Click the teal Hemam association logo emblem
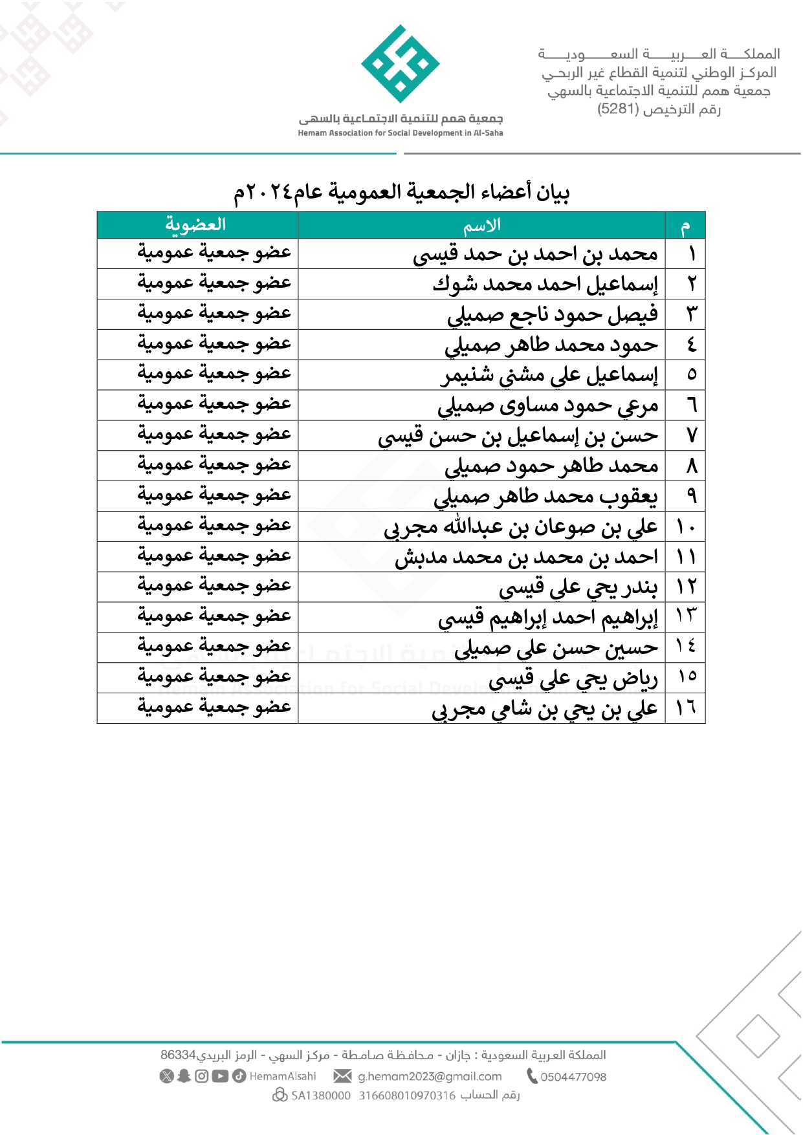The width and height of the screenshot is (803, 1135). click(x=401, y=64)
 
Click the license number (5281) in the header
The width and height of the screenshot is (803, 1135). click(x=618, y=109)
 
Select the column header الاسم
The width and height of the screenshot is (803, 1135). click(x=481, y=226)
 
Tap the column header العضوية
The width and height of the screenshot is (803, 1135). click(x=195, y=225)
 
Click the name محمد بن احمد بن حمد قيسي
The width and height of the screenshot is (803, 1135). click(x=535, y=255)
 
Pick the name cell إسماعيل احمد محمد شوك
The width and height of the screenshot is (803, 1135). click(x=545, y=285)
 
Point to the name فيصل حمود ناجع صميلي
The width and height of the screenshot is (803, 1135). click(x=552, y=315)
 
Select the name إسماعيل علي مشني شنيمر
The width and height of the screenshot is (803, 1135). click(x=549, y=376)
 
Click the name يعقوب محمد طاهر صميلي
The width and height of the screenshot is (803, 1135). click(x=545, y=497)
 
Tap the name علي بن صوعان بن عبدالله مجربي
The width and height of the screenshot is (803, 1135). click(x=520, y=527)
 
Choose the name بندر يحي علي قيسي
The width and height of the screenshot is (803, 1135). click(x=578, y=588)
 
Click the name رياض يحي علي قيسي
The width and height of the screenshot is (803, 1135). click(x=573, y=678)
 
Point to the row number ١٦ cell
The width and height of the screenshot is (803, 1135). click(x=686, y=708)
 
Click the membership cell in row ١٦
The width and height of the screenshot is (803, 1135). click(x=214, y=708)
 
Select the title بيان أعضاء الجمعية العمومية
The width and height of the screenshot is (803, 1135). click(x=401, y=192)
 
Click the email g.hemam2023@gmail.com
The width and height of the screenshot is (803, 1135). click(x=430, y=1076)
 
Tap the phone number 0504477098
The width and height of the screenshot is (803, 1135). click(x=573, y=1077)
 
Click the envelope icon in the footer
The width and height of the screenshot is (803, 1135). click(x=342, y=1076)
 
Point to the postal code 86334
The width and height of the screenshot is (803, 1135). click(x=178, y=1055)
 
